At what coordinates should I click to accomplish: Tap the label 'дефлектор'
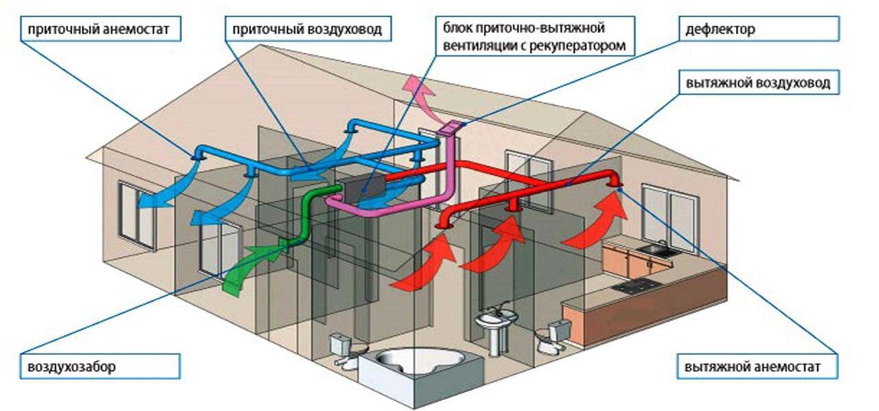pos(718,30)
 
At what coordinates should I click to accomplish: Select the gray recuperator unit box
pos(363,191)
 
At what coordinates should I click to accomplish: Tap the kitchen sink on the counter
pos(652,250)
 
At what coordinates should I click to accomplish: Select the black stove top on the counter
pos(634,286)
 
